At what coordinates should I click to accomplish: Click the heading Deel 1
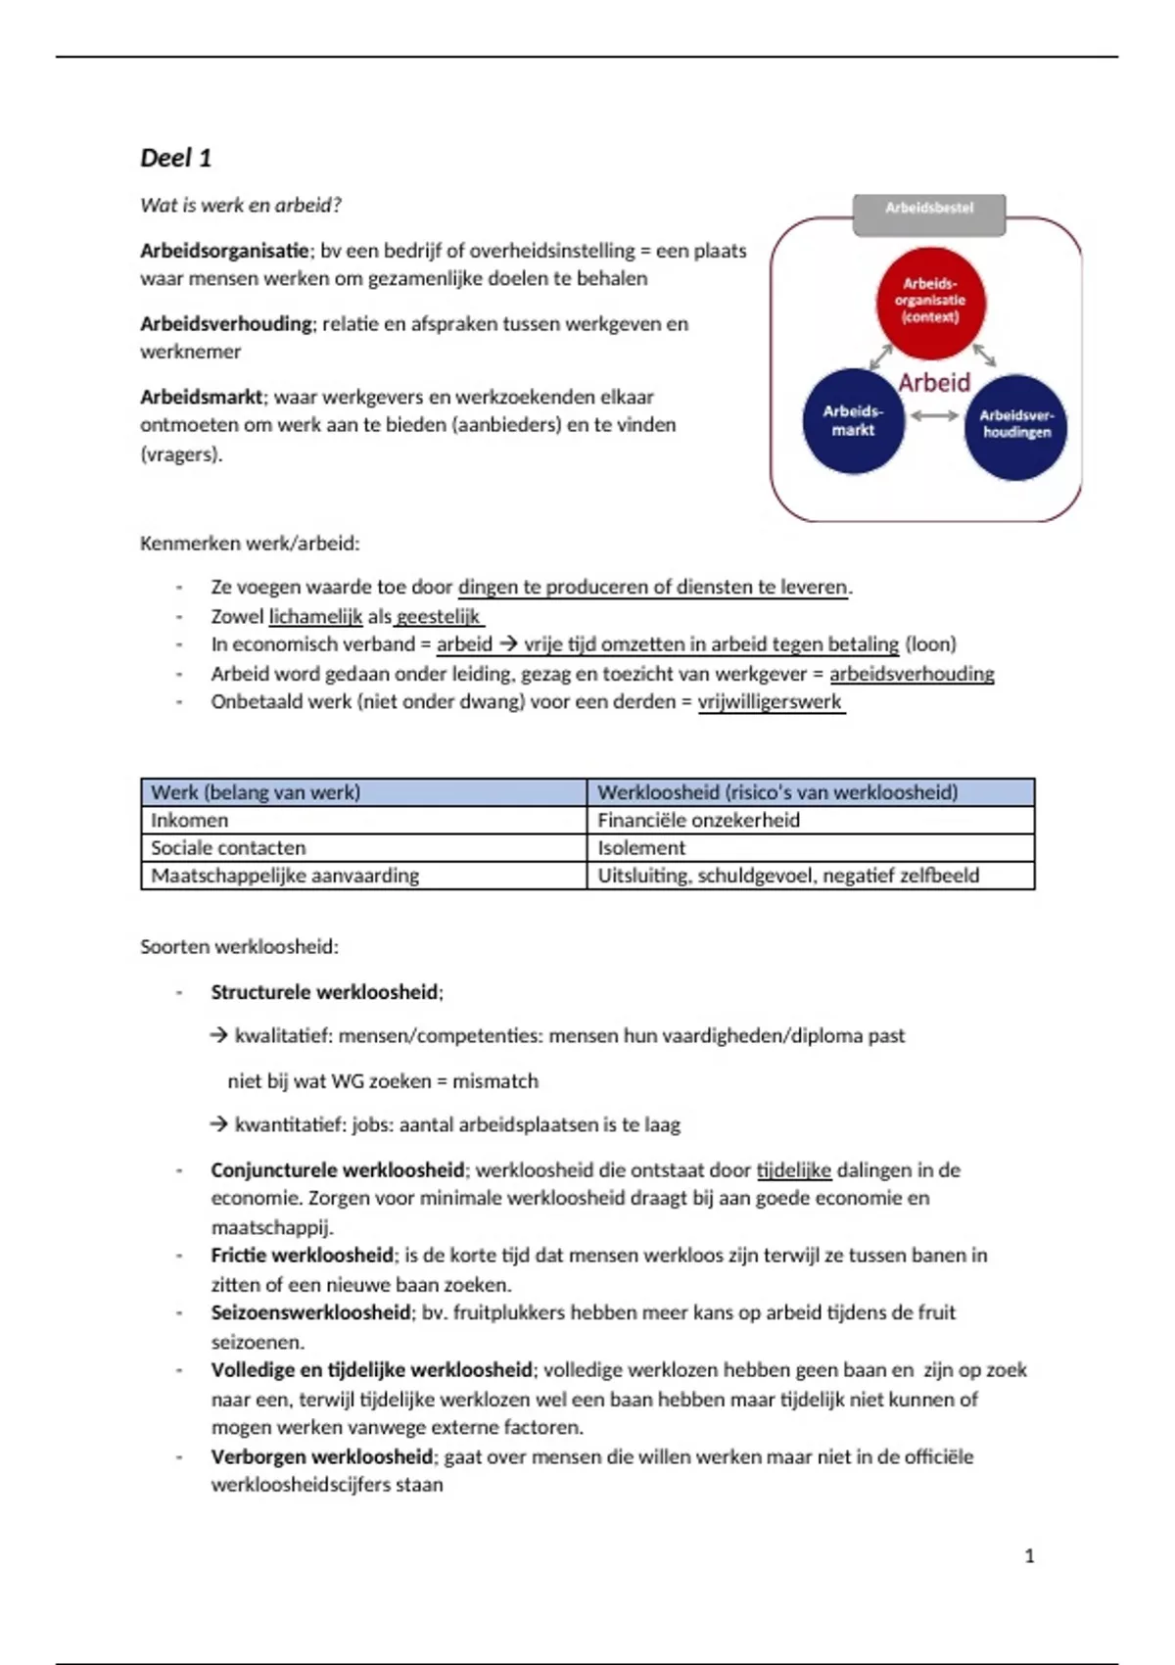(176, 158)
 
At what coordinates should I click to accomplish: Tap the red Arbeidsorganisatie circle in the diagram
(930, 301)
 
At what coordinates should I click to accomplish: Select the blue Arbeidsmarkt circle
(853, 421)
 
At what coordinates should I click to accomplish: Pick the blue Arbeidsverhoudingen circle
(1016, 426)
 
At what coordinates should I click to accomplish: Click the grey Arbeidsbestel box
(929, 209)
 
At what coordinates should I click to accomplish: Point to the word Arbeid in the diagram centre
(934, 383)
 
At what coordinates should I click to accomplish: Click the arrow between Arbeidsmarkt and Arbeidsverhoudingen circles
(934, 416)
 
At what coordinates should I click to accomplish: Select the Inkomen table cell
(190, 821)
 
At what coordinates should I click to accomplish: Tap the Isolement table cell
(641, 848)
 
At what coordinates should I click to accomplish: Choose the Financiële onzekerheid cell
(698, 821)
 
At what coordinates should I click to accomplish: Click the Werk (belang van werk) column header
(256, 792)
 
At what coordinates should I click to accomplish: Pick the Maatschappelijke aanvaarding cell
(285, 876)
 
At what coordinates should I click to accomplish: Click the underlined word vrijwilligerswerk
(770, 702)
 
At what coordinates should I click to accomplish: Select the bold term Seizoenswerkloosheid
(310, 1312)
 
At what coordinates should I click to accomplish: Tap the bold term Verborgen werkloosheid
(321, 1456)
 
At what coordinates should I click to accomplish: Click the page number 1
(1029, 1556)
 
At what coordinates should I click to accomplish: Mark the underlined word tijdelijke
(794, 1170)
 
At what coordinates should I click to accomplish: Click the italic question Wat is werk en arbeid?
(241, 206)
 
